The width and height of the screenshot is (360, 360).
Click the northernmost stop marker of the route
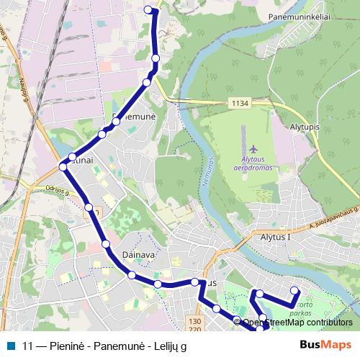[149, 9]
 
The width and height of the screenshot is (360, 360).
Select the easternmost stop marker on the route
[294, 291]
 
